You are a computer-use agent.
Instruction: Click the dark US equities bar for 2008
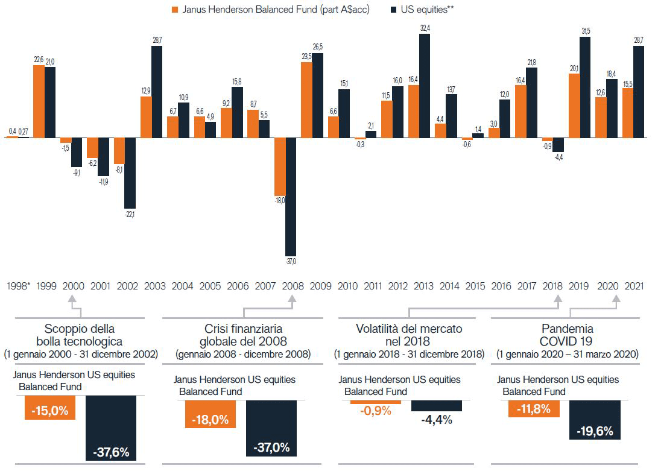(291, 197)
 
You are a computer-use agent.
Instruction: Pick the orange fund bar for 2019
(574, 106)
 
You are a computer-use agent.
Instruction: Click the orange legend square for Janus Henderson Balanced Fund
(176, 10)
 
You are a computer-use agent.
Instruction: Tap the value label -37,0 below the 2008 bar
(291, 262)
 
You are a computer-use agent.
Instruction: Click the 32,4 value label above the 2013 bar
(425, 28)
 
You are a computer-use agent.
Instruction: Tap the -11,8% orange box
(534, 409)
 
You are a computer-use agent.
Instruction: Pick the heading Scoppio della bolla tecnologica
(81, 335)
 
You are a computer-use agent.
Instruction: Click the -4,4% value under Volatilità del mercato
(437, 419)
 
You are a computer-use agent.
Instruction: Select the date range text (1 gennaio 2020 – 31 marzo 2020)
(568, 355)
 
